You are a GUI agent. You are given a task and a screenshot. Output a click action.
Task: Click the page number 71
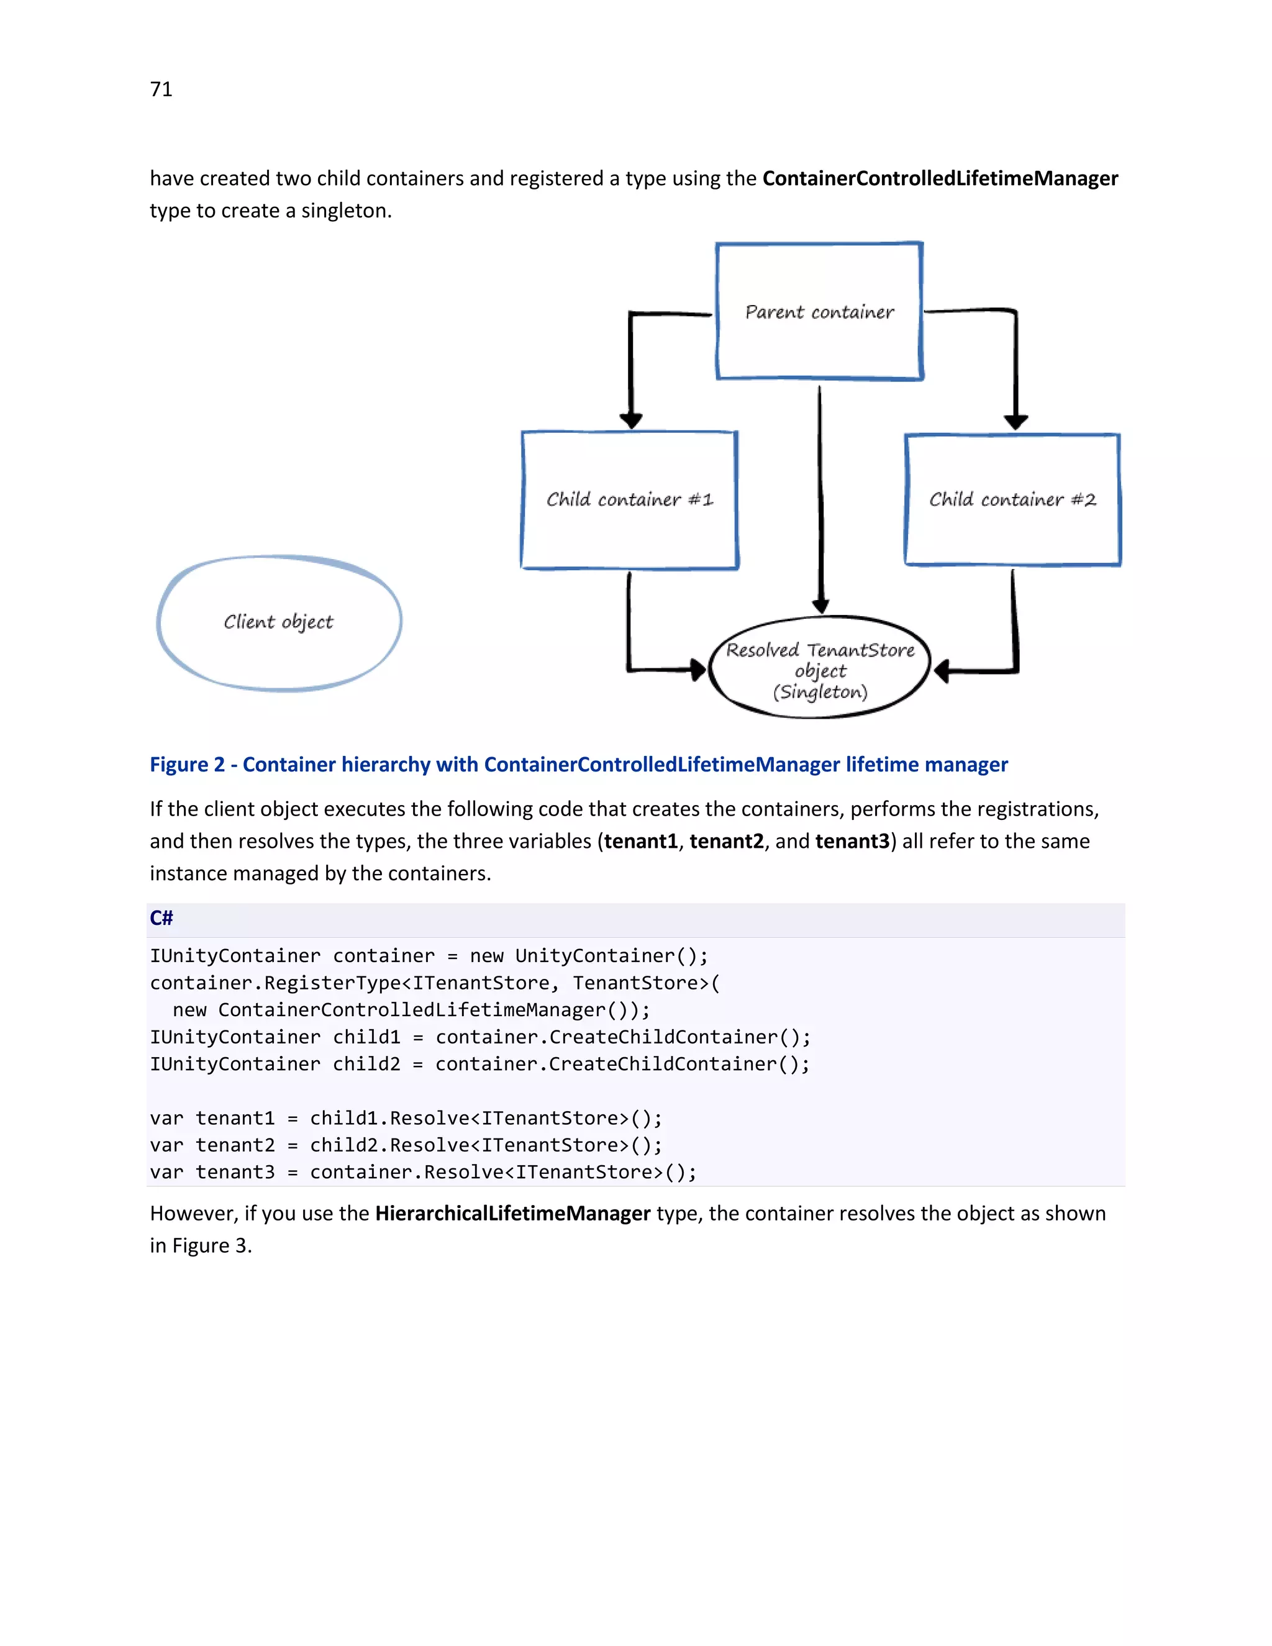(161, 89)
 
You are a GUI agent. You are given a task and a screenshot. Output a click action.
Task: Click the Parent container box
(819, 311)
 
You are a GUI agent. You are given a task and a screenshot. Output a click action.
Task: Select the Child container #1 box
(629, 499)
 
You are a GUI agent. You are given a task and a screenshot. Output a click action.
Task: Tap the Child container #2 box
(1012, 499)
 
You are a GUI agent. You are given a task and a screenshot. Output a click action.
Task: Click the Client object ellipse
(279, 622)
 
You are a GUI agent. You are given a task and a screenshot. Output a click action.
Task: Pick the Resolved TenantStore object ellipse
(820, 667)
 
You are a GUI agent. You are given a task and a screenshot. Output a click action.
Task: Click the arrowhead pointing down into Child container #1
(631, 420)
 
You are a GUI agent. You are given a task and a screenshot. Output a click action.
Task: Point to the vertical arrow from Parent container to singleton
(820, 498)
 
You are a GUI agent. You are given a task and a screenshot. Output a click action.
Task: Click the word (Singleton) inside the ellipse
(820, 692)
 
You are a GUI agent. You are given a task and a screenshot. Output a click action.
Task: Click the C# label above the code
(161, 918)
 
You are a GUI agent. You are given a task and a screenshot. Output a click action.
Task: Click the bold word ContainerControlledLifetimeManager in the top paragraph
(940, 179)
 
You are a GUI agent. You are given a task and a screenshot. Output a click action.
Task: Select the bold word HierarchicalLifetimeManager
(512, 1214)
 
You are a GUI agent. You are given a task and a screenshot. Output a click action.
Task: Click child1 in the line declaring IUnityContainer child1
(366, 1037)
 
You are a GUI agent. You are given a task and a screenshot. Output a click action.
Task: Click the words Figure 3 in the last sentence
(211, 1246)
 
